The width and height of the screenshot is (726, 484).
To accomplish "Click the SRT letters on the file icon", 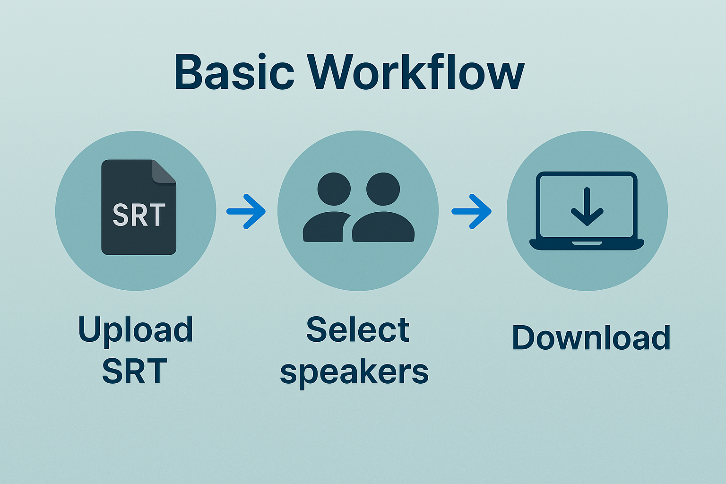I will click(x=139, y=215).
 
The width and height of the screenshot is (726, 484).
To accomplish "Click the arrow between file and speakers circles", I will click(x=246, y=211).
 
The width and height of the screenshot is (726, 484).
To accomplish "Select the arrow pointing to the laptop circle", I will click(x=471, y=211).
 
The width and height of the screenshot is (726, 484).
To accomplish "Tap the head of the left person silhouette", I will click(x=334, y=189).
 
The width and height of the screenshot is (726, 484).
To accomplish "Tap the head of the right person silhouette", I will click(x=383, y=189).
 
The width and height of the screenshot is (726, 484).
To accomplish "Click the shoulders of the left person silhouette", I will click(x=324, y=229).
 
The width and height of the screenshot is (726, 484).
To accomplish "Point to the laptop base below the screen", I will click(x=587, y=244).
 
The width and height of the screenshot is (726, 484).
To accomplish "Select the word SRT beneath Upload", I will click(x=135, y=371).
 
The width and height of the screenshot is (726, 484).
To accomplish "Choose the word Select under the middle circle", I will click(x=358, y=329).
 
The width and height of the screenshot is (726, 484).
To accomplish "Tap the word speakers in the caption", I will click(x=354, y=372).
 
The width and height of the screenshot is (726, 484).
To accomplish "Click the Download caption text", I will click(x=591, y=337).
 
